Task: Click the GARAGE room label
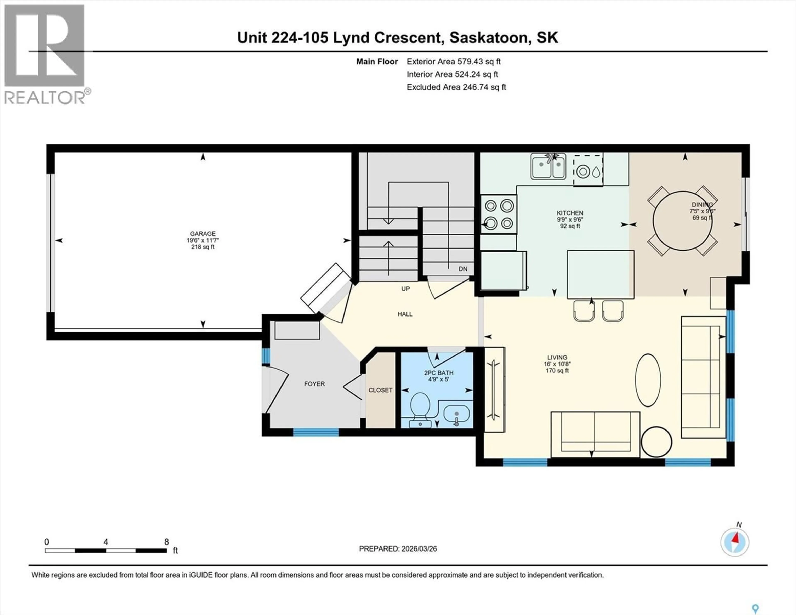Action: (203, 234)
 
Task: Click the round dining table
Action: (682, 221)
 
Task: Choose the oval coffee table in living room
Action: (648, 380)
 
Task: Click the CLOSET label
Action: (380, 390)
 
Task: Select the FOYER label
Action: (314, 384)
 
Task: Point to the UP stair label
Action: (405, 289)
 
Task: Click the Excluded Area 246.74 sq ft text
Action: (456, 87)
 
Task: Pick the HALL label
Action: (405, 314)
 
